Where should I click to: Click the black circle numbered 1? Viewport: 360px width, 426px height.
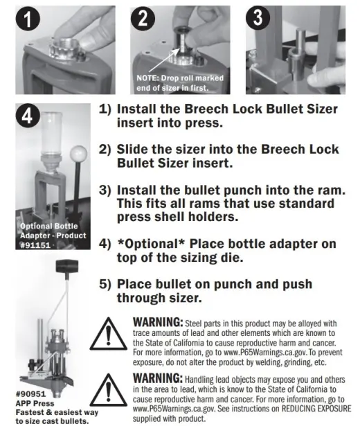pyautogui.click(x=28, y=19)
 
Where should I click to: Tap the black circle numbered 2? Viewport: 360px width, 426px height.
pyautogui.click(x=143, y=19)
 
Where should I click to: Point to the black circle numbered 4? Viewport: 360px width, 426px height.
pyautogui.click(x=28, y=116)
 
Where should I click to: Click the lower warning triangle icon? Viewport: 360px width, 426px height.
pyautogui.click(x=108, y=391)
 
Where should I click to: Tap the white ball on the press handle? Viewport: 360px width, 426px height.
pyautogui.click(x=78, y=153)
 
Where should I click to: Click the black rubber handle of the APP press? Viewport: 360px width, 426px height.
pyautogui.click(x=67, y=266)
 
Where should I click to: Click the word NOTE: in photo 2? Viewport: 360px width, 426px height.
pyautogui.click(x=147, y=78)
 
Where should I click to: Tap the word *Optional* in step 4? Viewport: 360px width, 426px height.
pyautogui.click(x=151, y=244)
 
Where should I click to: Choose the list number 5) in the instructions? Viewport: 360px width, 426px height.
pyautogui.click(x=105, y=284)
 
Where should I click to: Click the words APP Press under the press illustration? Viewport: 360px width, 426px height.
pyautogui.click(x=35, y=403)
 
